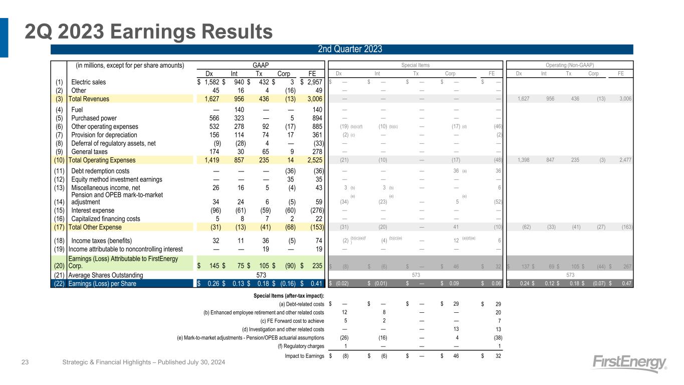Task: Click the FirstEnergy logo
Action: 630,363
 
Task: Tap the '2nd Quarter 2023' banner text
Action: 350,49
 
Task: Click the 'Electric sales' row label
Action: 89,82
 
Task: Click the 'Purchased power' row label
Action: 94,118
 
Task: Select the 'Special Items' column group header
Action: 415,65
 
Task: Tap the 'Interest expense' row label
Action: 94,211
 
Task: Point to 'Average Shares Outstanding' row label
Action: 105,275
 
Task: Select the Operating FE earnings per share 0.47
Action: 625,284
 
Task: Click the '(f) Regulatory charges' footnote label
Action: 301,346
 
